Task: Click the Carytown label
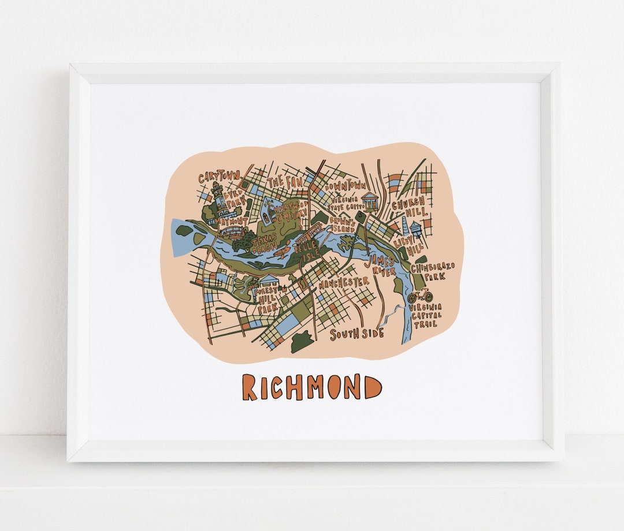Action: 219,177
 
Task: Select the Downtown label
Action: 345,186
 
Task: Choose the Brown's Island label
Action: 342,225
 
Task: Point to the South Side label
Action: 357,334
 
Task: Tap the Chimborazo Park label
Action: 433,271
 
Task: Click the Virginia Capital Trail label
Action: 425,315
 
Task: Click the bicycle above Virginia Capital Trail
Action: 419,297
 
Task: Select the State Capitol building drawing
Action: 370,201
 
